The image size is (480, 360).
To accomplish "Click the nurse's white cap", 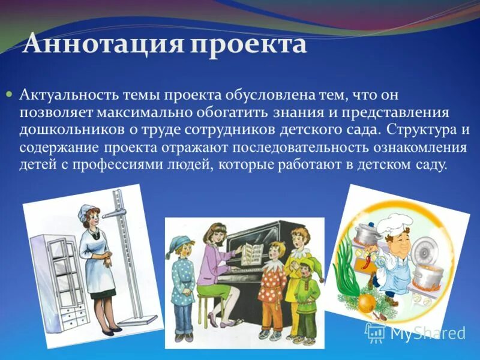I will coord(89,210).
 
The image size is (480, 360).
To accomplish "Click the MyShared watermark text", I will coord(427,333).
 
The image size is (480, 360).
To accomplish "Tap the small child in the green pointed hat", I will coord(308,294).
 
